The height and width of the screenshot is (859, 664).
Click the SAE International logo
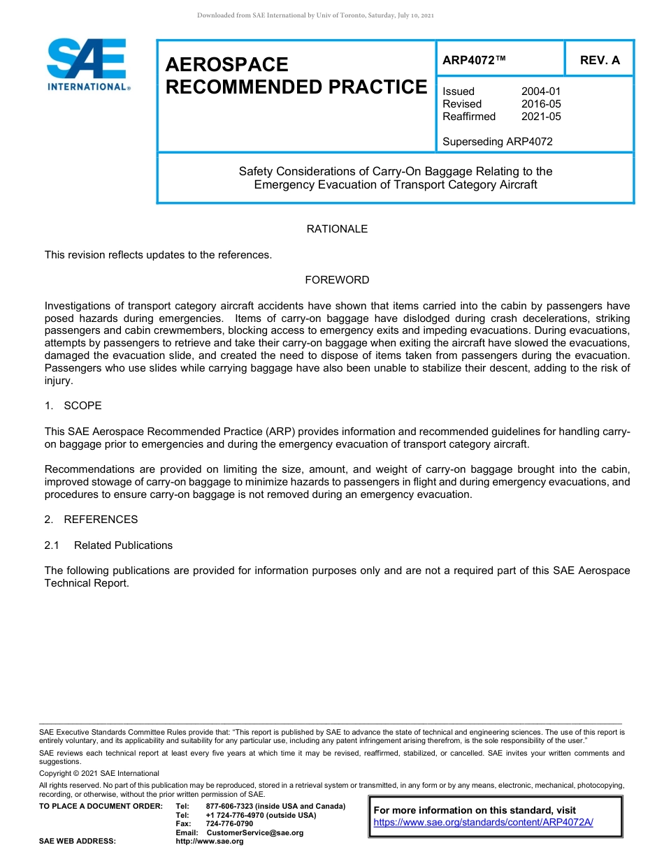87,65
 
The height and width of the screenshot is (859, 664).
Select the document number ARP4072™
474,61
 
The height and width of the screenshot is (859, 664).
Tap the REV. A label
600,61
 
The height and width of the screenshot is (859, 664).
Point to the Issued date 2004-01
541,91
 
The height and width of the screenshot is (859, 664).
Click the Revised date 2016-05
541,104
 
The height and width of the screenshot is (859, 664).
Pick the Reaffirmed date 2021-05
541,117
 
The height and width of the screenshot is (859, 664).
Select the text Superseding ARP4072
497,142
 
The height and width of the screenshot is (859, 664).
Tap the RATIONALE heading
337,229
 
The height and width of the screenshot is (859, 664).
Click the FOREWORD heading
337,280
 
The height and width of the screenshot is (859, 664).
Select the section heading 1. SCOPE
73,406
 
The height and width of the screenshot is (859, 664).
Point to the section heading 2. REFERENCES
92,520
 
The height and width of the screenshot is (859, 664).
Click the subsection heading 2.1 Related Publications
109,545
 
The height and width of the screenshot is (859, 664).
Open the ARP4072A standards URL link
483,822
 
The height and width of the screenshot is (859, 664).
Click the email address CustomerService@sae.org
255,832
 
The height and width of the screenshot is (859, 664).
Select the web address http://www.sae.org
209,841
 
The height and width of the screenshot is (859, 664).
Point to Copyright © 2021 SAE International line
99,773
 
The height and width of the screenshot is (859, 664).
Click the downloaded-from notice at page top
316,15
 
